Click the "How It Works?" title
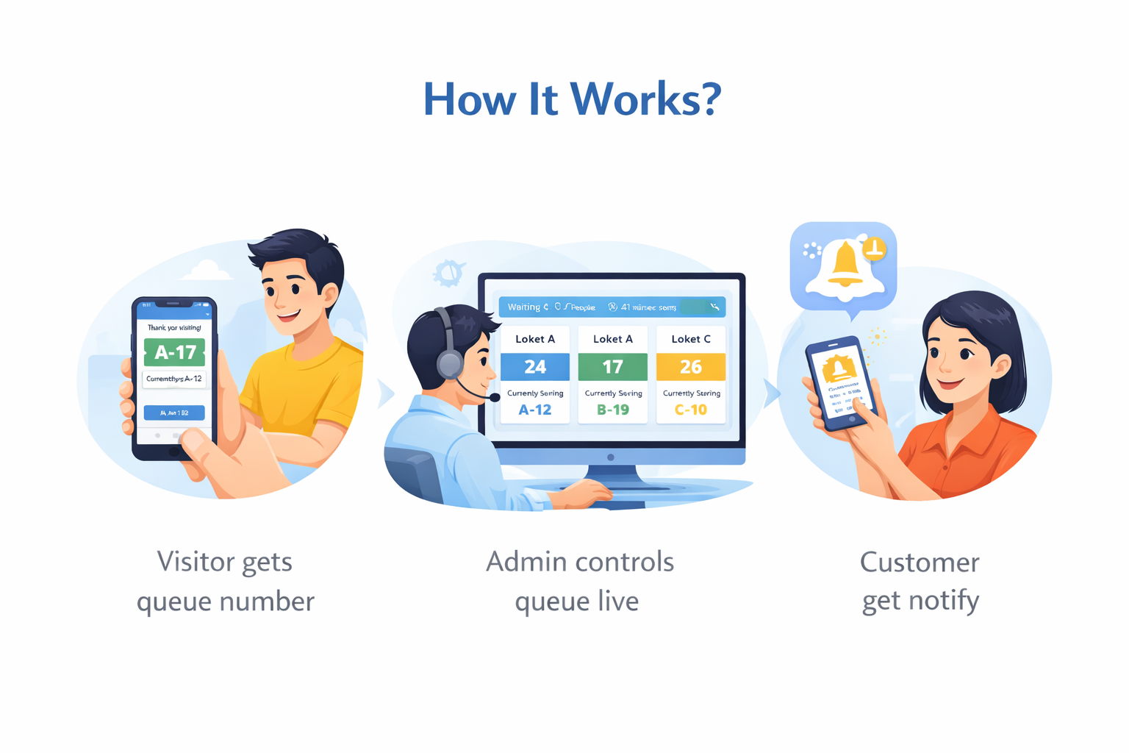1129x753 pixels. pyautogui.click(x=572, y=99)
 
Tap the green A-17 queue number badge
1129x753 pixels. pyautogui.click(x=174, y=352)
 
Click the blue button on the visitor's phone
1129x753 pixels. pyautogui.click(x=174, y=413)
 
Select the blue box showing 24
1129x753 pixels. pyautogui.click(x=535, y=366)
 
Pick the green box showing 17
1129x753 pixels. pyautogui.click(x=613, y=366)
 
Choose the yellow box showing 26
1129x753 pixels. pyautogui.click(x=691, y=366)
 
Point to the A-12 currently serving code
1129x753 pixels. pyautogui.click(x=535, y=410)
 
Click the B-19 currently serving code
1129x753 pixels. pyautogui.click(x=613, y=410)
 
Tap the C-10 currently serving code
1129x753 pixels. pyautogui.click(x=691, y=410)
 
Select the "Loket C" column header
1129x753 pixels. pyautogui.click(x=691, y=339)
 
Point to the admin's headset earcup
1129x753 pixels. pyautogui.click(x=449, y=363)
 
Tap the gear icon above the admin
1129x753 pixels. pyautogui.click(x=448, y=274)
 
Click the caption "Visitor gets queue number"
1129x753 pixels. pyautogui.click(x=226, y=581)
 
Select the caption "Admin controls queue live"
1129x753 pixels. pyautogui.click(x=579, y=581)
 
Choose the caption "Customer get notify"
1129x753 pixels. pyautogui.click(x=920, y=581)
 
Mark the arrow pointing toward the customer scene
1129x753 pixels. pyautogui.click(x=771, y=393)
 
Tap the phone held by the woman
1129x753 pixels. pyautogui.click(x=842, y=382)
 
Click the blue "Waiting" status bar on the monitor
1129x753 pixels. pyautogui.click(x=612, y=307)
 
